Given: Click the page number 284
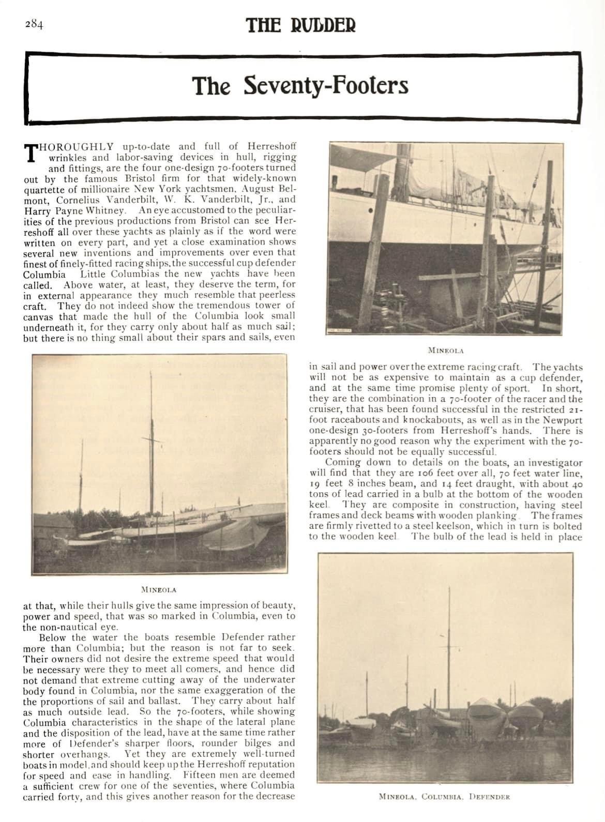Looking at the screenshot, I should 33,25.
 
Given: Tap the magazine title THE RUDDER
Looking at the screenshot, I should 301,25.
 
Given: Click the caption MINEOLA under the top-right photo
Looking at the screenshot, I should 446,351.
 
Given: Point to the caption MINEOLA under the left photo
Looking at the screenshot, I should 159,589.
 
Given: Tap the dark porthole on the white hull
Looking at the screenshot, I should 371,211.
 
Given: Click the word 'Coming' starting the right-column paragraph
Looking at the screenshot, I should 343,463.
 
